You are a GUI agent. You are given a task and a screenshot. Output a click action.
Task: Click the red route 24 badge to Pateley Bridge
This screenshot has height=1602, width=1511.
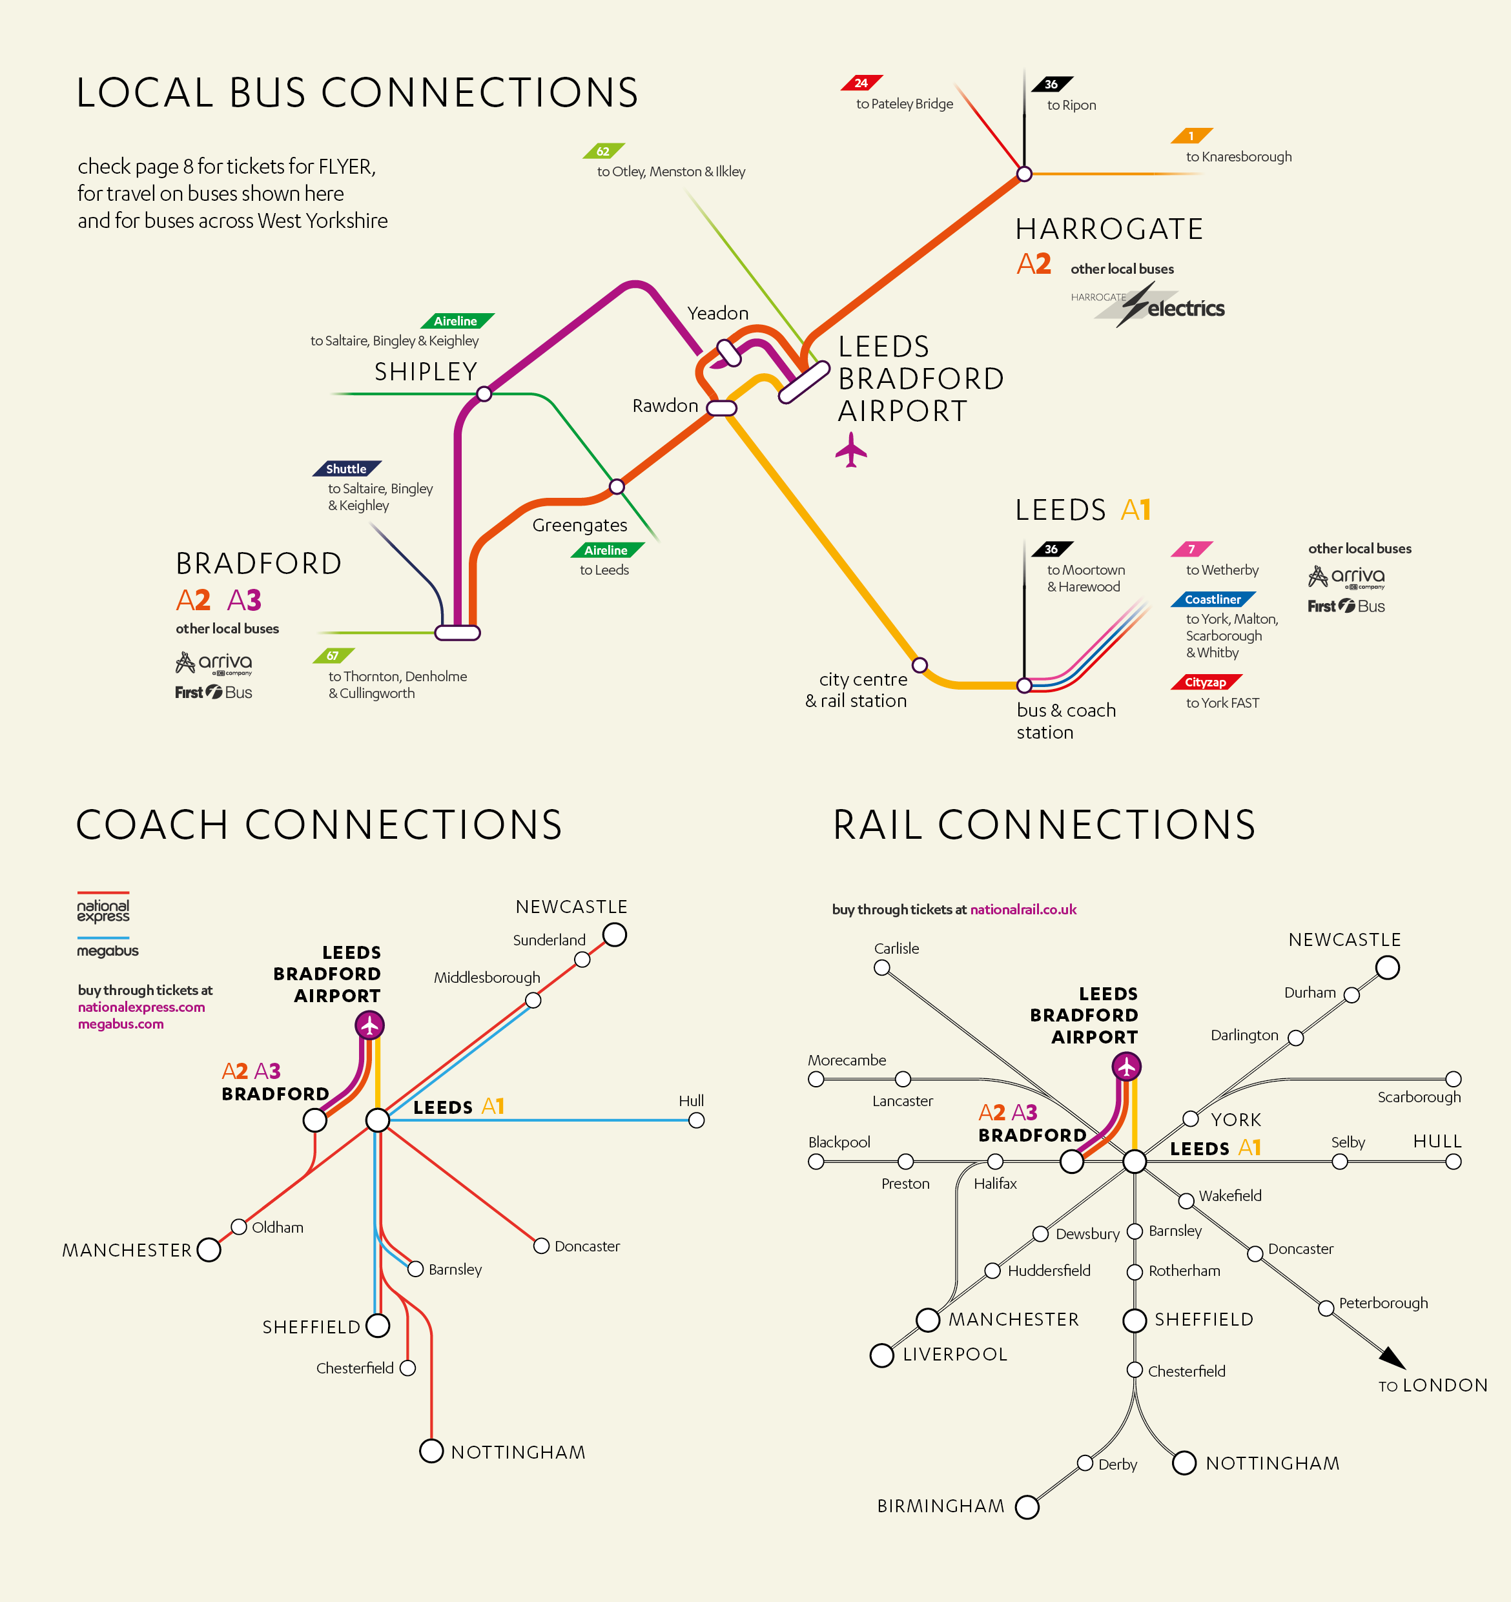[x=861, y=83]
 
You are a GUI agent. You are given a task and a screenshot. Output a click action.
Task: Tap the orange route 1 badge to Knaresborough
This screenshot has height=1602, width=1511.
[x=1191, y=136]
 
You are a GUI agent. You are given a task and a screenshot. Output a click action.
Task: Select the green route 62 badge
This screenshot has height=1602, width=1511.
[x=604, y=150]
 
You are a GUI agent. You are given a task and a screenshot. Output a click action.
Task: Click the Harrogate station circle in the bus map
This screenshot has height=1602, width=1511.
[x=1024, y=173]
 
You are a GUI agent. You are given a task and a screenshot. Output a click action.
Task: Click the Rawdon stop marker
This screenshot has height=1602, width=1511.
[x=721, y=407]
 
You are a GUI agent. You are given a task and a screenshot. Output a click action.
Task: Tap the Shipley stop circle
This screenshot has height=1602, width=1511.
[x=484, y=394]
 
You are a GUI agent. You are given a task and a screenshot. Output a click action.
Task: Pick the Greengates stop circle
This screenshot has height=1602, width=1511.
[x=617, y=486]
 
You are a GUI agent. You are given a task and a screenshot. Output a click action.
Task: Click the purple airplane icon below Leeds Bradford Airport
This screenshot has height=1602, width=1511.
[x=851, y=449]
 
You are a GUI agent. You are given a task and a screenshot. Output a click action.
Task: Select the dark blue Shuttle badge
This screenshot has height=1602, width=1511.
[x=347, y=469]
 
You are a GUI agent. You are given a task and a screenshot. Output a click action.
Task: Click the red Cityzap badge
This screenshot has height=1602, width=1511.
[x=1206, y=682]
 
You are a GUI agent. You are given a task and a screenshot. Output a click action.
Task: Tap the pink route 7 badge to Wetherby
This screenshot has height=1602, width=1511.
[x=1191, y=549]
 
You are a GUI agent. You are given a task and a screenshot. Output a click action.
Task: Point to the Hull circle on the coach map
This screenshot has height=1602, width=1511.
[x=696, y=1120]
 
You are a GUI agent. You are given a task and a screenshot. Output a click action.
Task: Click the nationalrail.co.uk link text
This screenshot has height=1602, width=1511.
[x=1023, y=909]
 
